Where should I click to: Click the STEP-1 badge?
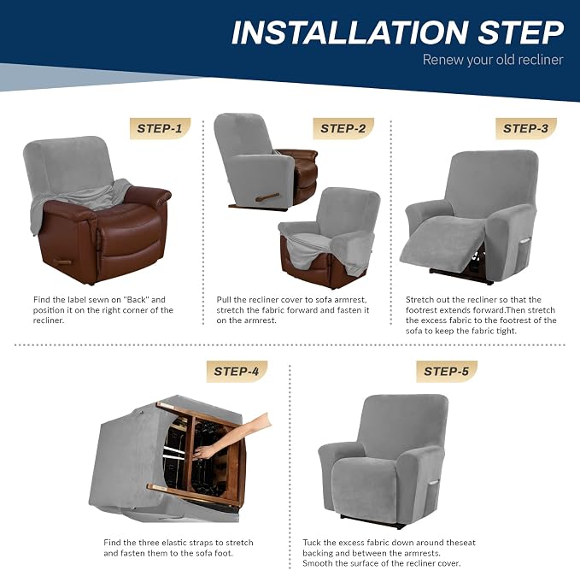(x=161, y=128)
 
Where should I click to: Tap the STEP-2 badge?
(x=343, y=128)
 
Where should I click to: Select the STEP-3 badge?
(x=526, y=128)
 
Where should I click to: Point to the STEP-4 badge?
(x=237, y=371)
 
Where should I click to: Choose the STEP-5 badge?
(x=447, y=371)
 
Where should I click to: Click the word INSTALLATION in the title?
(x=350, y=32)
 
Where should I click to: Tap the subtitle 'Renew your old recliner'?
(x=493, y=60)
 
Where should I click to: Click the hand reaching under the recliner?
(x=233, y=437)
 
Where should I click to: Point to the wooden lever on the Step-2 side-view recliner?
(x=267, y=197)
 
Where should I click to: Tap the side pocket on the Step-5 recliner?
(x=434, y=485)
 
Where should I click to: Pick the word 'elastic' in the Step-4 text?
(x=173, y=543)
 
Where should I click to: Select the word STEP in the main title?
(x=521, y=32)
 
